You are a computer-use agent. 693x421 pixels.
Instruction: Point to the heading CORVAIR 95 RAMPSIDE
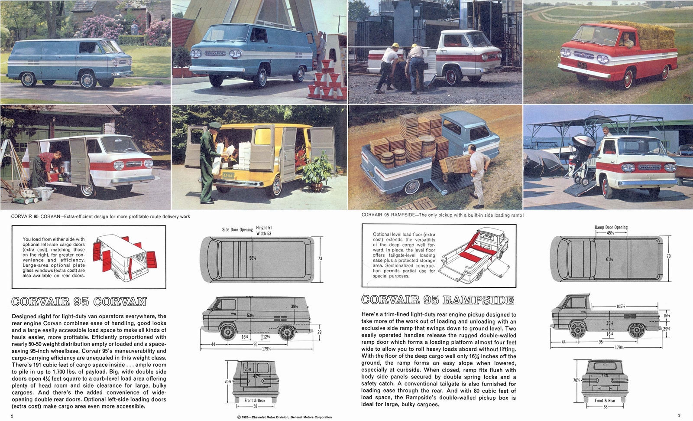coord(437,300)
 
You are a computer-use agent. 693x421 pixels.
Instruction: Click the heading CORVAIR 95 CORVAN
coord(79,302)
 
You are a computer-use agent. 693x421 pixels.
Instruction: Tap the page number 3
coord(679,415)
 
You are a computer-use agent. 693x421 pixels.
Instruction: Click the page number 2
coord(13,416)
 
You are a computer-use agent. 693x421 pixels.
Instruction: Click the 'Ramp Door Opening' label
coord(611,227)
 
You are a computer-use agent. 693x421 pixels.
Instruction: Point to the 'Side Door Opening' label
coord(237,229)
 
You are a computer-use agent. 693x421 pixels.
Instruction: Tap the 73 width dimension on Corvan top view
coord(320,258)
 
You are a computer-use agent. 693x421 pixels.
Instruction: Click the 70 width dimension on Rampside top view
coord(668,256)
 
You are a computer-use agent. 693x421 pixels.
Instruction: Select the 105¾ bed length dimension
coord(620,307)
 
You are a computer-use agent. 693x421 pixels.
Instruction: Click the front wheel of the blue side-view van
coord(87,80)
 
